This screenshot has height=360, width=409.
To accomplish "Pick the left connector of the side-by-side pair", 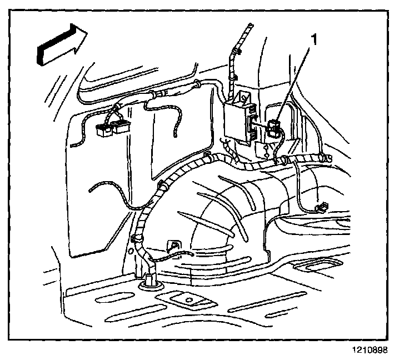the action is coord(103,130).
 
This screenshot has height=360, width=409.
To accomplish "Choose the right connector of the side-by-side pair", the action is coord(122,128).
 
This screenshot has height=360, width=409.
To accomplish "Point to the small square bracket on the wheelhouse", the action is coord(173,245).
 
